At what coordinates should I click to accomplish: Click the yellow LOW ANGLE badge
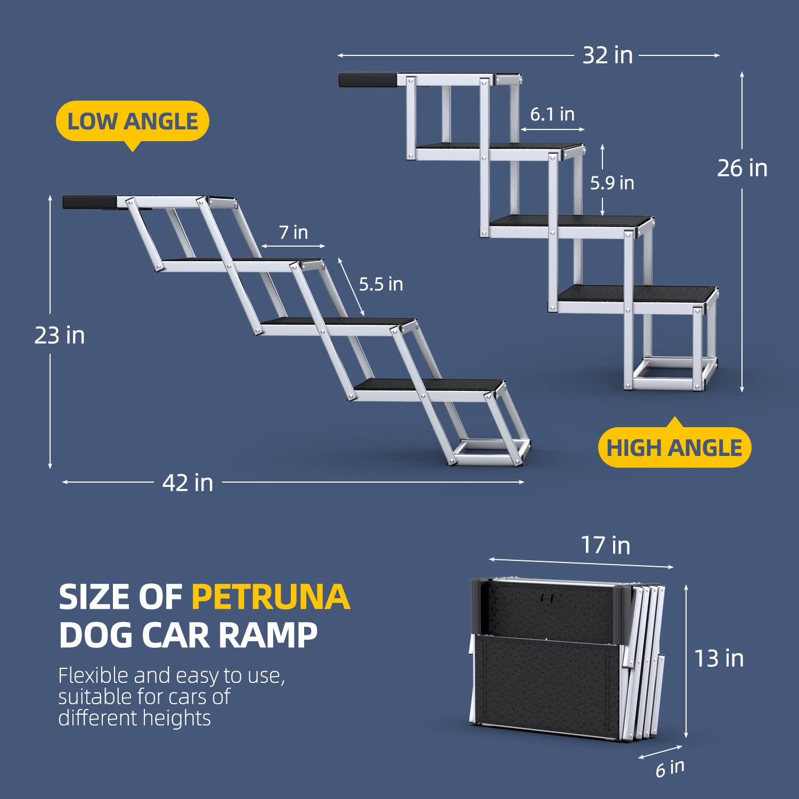tap(132, 121)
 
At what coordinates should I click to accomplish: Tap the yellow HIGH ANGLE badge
tap(674, 448)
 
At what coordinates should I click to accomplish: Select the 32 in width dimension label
tap(607, 55)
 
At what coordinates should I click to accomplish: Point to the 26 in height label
tap(742, 168)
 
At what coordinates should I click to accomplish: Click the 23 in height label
tap(59, 336)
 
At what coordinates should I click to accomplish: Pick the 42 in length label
tap(187, 483)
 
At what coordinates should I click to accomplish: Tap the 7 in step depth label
tap(293, 232)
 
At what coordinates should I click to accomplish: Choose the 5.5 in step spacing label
tap(380, 284)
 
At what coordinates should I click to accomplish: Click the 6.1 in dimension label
tap(552, 114)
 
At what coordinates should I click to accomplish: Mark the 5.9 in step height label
tap(612, 183)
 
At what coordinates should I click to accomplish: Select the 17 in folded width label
tap(605, 545)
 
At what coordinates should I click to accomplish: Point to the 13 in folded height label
tap(719, 659)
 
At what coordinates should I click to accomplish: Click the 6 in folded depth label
tap(670, 769)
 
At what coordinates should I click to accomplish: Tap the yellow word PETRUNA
tap(271, 597)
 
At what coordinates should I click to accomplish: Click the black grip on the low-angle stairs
tap(89, 202)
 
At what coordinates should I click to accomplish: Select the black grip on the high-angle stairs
tap(368, 80)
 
